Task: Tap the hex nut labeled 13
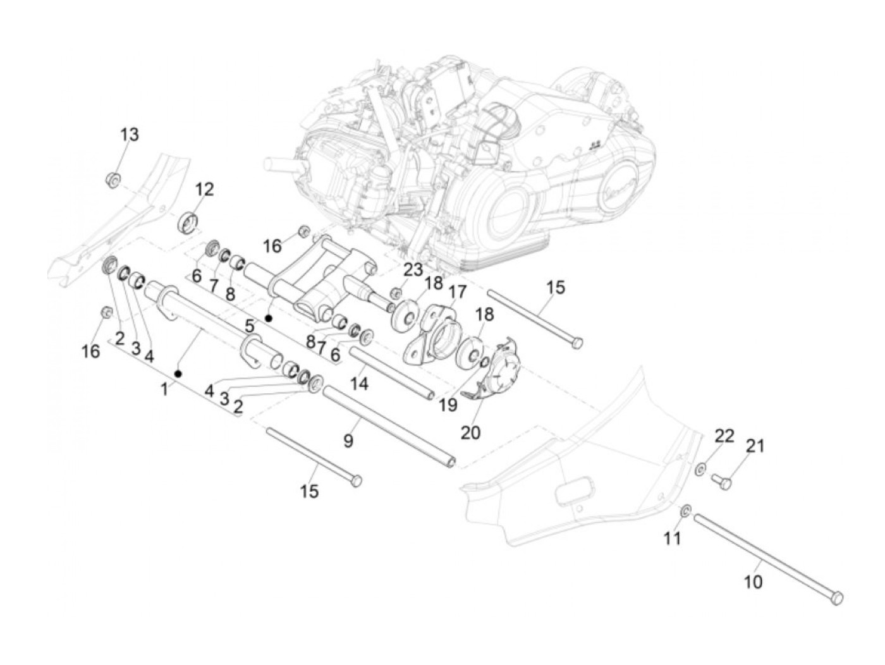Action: tap(113, 180)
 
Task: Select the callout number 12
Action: tap(204, 189)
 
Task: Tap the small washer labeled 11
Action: tap(686, 511)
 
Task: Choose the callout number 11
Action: tap(673, 538)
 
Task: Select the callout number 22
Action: tap(724, 436)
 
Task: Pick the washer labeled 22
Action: tap(700, 469)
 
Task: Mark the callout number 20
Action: tap(470, 433)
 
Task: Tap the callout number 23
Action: tap(413, 270)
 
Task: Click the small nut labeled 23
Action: tap(396, 293)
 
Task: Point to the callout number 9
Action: tap(348, 441)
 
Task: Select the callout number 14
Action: tap(359, 383)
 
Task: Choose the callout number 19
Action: tap(448, 405)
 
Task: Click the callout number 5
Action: tap(250, 326)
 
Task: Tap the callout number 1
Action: tap(164, 389)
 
